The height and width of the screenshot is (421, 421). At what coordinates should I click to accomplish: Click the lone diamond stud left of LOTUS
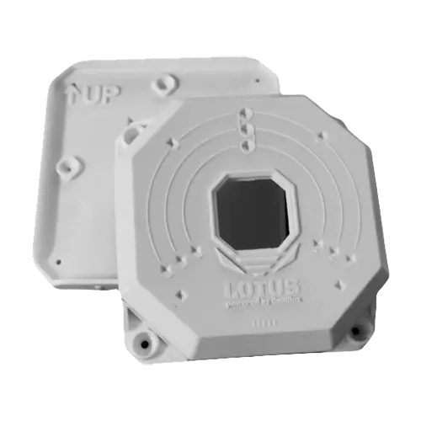coord(180,295)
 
